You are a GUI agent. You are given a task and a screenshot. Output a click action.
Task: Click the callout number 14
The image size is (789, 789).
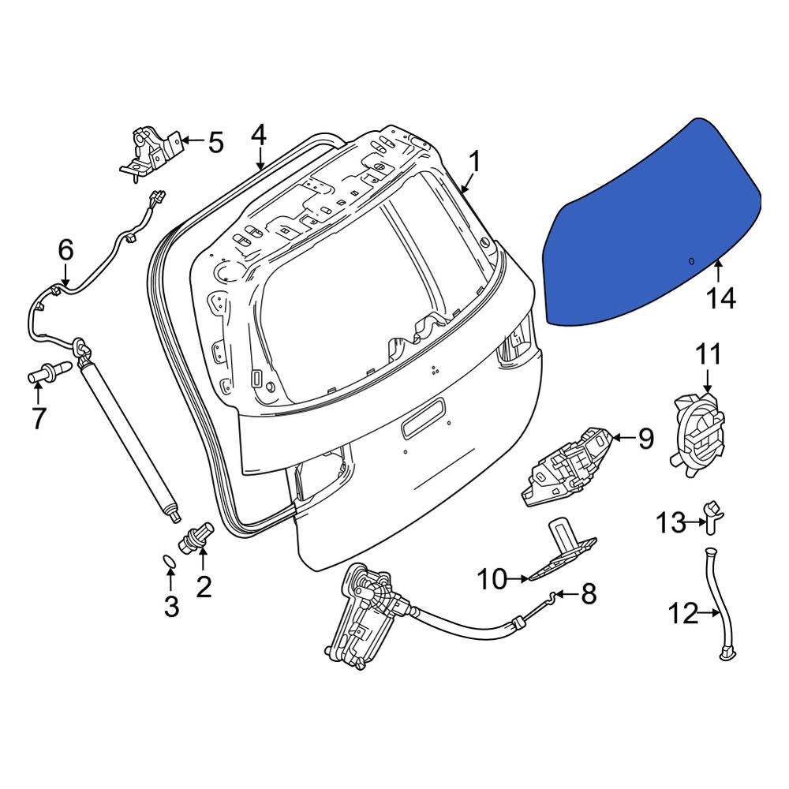click(721, 298)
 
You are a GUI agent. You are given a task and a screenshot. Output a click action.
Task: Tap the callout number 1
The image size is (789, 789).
click(474, 162)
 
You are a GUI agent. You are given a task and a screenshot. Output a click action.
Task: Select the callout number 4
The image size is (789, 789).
click(258, 136)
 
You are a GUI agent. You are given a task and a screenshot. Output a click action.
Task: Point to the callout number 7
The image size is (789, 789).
click(38, 417)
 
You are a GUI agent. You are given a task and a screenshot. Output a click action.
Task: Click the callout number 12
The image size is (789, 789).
click(683, 613)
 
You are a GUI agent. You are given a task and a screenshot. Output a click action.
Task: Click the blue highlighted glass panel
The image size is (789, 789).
click(653, 224)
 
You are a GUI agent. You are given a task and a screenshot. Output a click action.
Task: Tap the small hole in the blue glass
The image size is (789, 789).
click(691, 260)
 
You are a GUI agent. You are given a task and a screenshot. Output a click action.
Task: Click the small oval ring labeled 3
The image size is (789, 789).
click(170, 561)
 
